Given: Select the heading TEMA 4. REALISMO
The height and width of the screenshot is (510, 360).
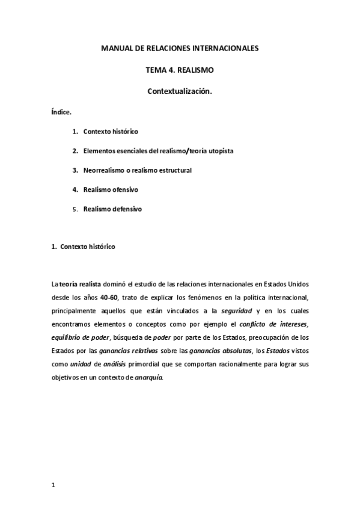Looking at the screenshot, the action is coord(180,70).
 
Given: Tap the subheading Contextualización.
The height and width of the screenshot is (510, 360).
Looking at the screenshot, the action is coord(180,91).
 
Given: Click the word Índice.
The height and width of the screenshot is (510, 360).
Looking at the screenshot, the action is coord(62,112).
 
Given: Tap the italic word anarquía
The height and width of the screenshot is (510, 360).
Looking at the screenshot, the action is coord(148,378).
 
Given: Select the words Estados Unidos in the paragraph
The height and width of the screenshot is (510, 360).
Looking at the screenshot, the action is coord(285,283).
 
